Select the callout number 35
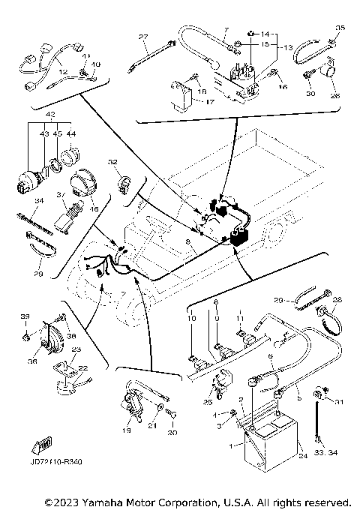pos(340,28)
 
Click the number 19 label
pos(127,430)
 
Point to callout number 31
pos(338,402)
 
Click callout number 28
pos(337,299)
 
